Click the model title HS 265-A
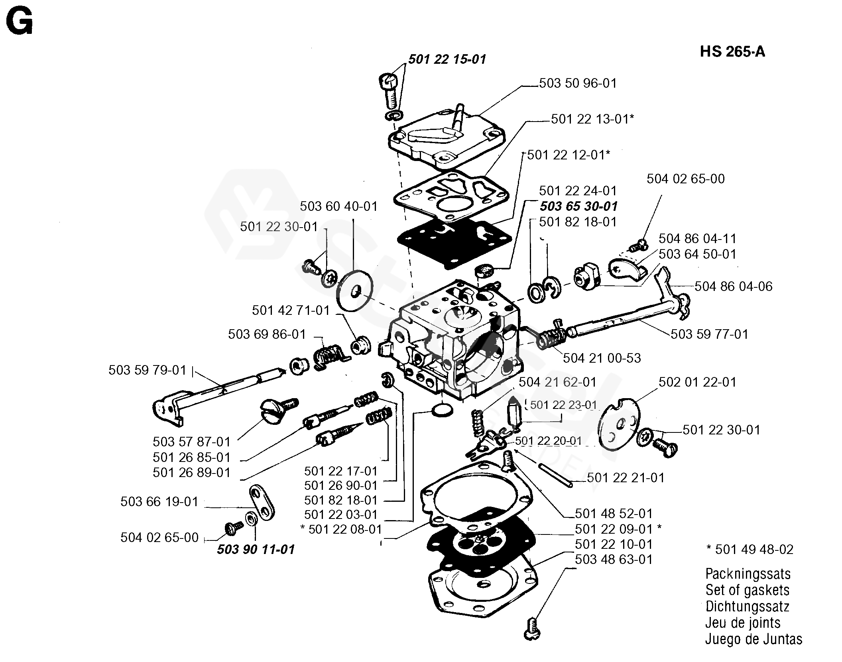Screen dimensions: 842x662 coord(732,52)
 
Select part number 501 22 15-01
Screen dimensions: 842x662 coord(447,59)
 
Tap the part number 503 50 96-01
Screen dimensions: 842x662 coord(578,83)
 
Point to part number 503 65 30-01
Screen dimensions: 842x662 coord(578,206)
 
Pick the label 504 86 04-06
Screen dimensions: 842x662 coord(733,286)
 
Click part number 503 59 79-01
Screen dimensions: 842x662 coord(148,370)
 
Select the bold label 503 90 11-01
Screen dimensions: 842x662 coord(256,549)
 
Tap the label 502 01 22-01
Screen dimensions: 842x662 coord(697,382)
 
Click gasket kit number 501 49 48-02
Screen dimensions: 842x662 coord(750,550)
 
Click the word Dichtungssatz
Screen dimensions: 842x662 coord(747,607)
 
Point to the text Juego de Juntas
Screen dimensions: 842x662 coord(753,639)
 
